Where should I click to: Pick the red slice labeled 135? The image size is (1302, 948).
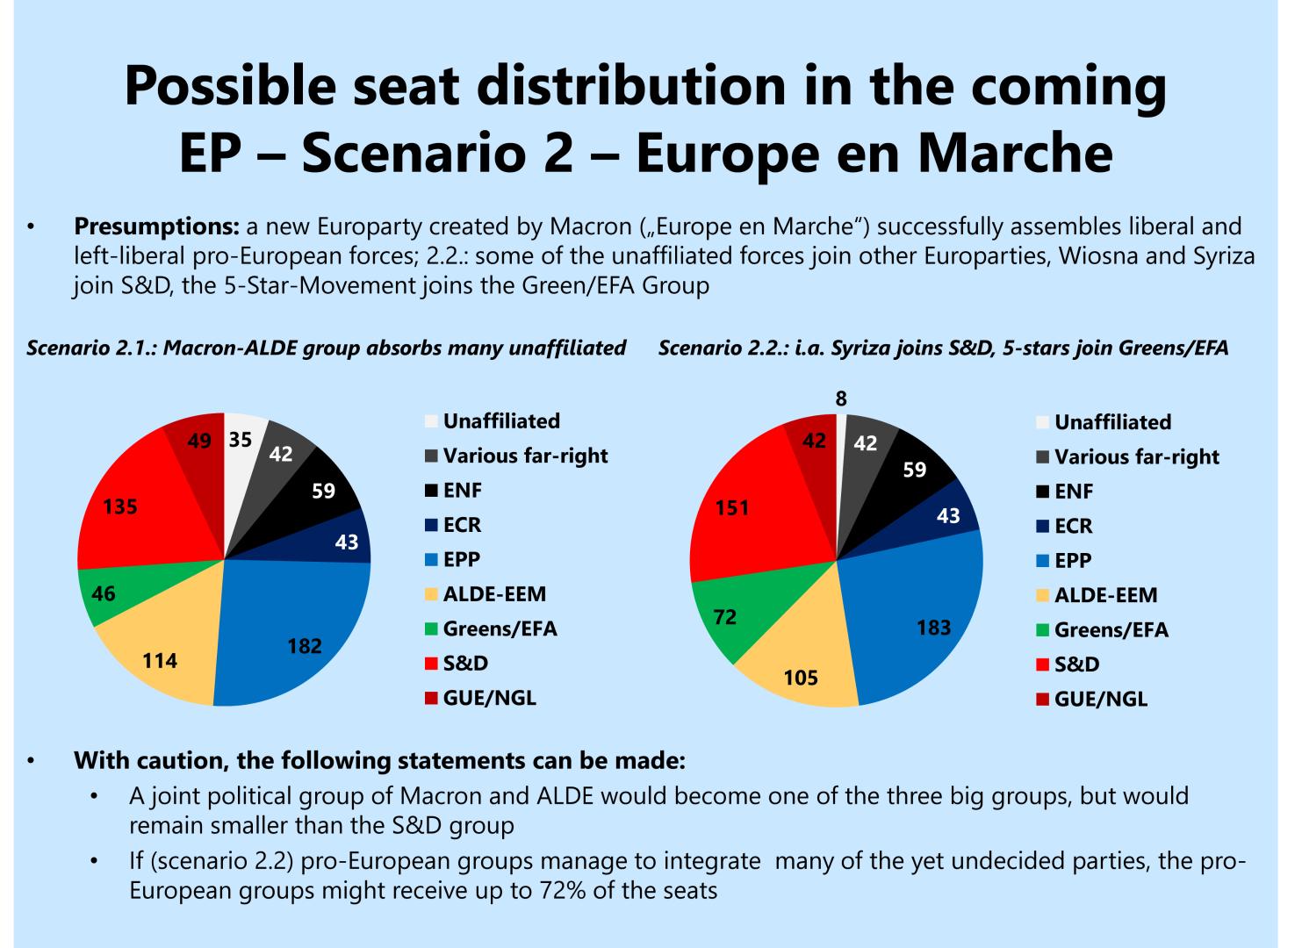click(132, 509)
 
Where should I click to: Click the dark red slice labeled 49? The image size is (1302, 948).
click(198, 441)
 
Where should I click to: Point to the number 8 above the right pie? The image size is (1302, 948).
click(841, 399)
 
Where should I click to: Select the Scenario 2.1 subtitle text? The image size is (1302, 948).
click(326, 348)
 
